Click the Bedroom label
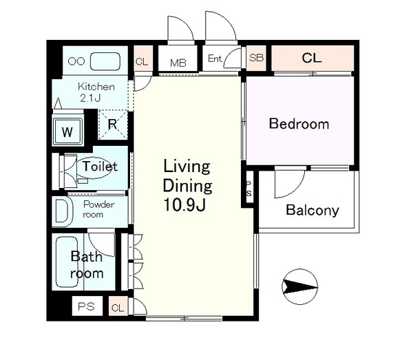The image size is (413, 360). coord(299,124)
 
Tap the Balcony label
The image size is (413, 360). coord(313,210)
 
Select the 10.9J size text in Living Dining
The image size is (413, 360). coord(184,204)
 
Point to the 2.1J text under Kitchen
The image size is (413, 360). coord(90,98)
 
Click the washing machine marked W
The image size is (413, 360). coord(67,131)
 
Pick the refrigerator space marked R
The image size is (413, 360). coord(113,124)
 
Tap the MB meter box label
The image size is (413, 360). coord(178,63)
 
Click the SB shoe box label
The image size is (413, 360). coord(256,58)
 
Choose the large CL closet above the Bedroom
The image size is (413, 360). coord(313,58)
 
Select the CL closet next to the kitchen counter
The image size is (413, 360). coord(143,59)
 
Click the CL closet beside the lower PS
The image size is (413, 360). coord(118,306)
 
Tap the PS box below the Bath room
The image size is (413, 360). coord(87,306)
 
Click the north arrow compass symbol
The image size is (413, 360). coord(299,286)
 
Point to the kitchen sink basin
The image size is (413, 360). coord(105,61)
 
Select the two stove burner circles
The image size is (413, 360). coord(76,61)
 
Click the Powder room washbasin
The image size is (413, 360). coord(63,211)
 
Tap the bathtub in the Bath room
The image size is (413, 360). coord(67,262)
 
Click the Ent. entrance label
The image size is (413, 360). coord(215,59)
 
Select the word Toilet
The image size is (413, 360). coord(100,166)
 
